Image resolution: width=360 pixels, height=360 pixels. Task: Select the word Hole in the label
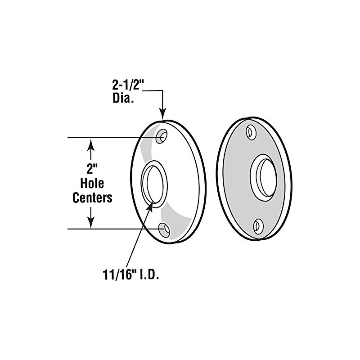[92, 184]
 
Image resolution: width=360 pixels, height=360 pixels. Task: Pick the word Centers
[92, 197]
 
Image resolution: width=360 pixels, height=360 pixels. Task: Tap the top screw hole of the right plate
[251, 132]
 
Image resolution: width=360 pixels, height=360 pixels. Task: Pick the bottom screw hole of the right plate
[259, 225]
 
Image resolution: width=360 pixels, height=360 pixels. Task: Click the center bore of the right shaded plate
[264, 176]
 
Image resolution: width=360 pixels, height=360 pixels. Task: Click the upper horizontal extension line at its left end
[68, 137]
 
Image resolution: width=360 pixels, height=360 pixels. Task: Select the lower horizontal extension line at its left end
[68, 229]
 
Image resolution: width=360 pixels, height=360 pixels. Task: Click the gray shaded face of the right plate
[236, 180]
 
